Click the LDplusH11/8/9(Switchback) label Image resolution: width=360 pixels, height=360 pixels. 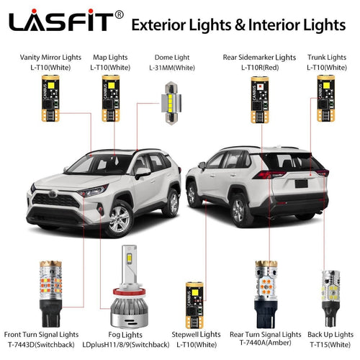132,344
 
